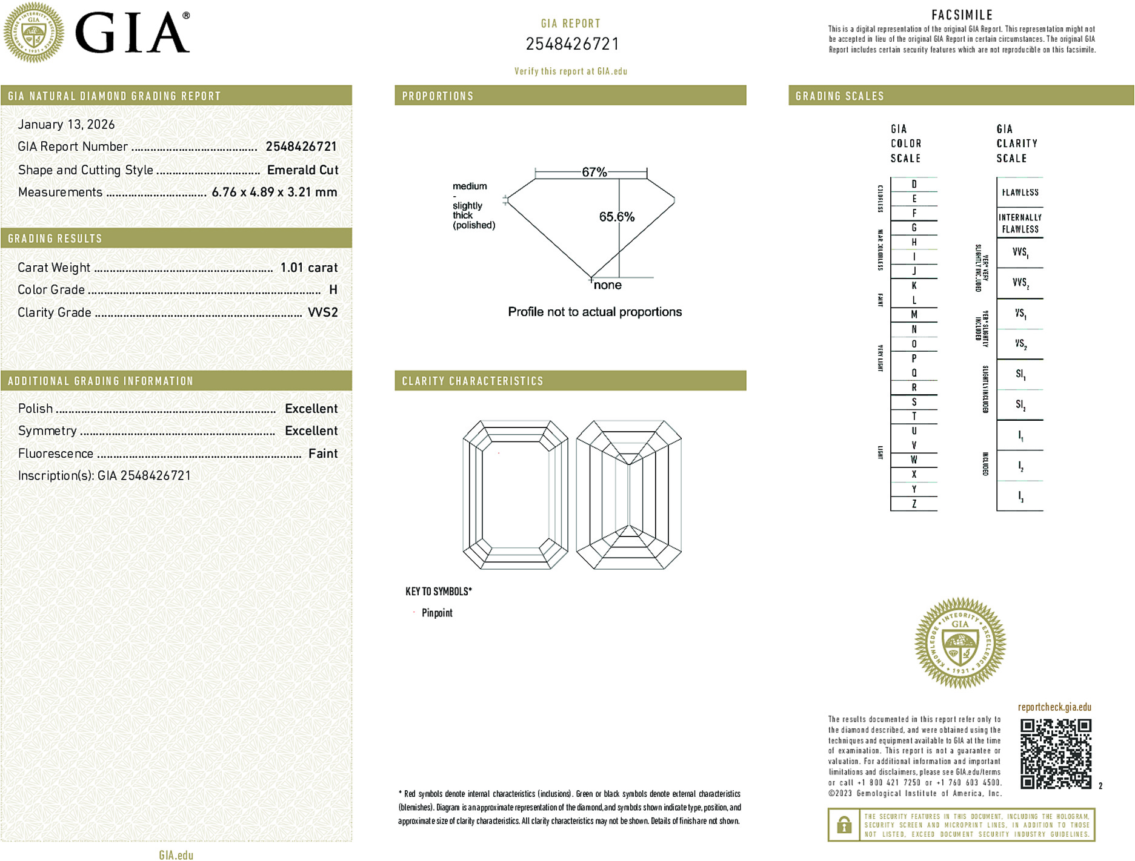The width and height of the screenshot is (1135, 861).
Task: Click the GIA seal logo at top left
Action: click(x=34, y=32)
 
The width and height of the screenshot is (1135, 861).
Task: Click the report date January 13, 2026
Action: click(x=66, y=124)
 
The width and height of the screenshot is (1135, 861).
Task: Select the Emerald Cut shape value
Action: click(x=302, y=170)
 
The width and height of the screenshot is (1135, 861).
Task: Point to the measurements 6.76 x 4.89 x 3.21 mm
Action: click(x=274, y=192)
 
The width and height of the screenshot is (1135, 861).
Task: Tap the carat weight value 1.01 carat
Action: click(x=308, y=268)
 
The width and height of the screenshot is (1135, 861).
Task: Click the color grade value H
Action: click(x=333, y=290)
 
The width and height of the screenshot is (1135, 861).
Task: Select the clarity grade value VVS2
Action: click(x=322, y=312)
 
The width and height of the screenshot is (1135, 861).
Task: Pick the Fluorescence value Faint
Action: click(x=322, y=454)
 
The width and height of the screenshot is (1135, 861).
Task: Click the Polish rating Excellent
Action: click(x=311, y=409)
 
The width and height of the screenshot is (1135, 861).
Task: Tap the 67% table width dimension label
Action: click(x=594, y=172)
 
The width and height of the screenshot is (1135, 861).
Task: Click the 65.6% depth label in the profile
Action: click(x=616, y=217)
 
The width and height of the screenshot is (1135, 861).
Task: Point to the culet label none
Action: click(x=607, y=285)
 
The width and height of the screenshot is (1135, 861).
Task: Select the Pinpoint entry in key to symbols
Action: click(x=437, y=613)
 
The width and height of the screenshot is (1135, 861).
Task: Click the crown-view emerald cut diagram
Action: click(x=515, y=495)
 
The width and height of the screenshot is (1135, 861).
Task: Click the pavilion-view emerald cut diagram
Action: click(x=628, y=495)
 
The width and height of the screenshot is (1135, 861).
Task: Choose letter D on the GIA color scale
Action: click(x=914, y=184)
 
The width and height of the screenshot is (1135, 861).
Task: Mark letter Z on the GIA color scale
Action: click(x=914, y=504)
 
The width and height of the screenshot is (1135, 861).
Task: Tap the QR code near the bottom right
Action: click(x=1055, y=753)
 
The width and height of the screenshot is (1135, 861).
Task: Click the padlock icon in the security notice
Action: click(x=844, y=825)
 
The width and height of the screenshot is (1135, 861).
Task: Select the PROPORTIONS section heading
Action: click(x=438, y=96)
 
